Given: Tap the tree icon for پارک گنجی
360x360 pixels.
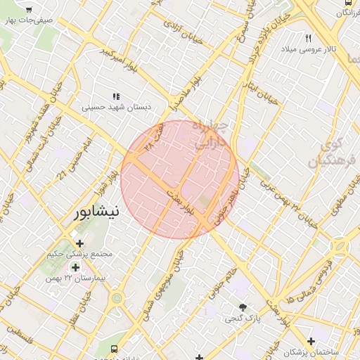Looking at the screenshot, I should (243, 307).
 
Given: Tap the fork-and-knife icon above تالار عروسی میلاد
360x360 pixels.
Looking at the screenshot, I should (309, 38).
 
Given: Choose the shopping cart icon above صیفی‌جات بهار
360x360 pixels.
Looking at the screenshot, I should (29, 11).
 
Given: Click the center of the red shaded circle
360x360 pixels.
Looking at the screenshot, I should (180, 179).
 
